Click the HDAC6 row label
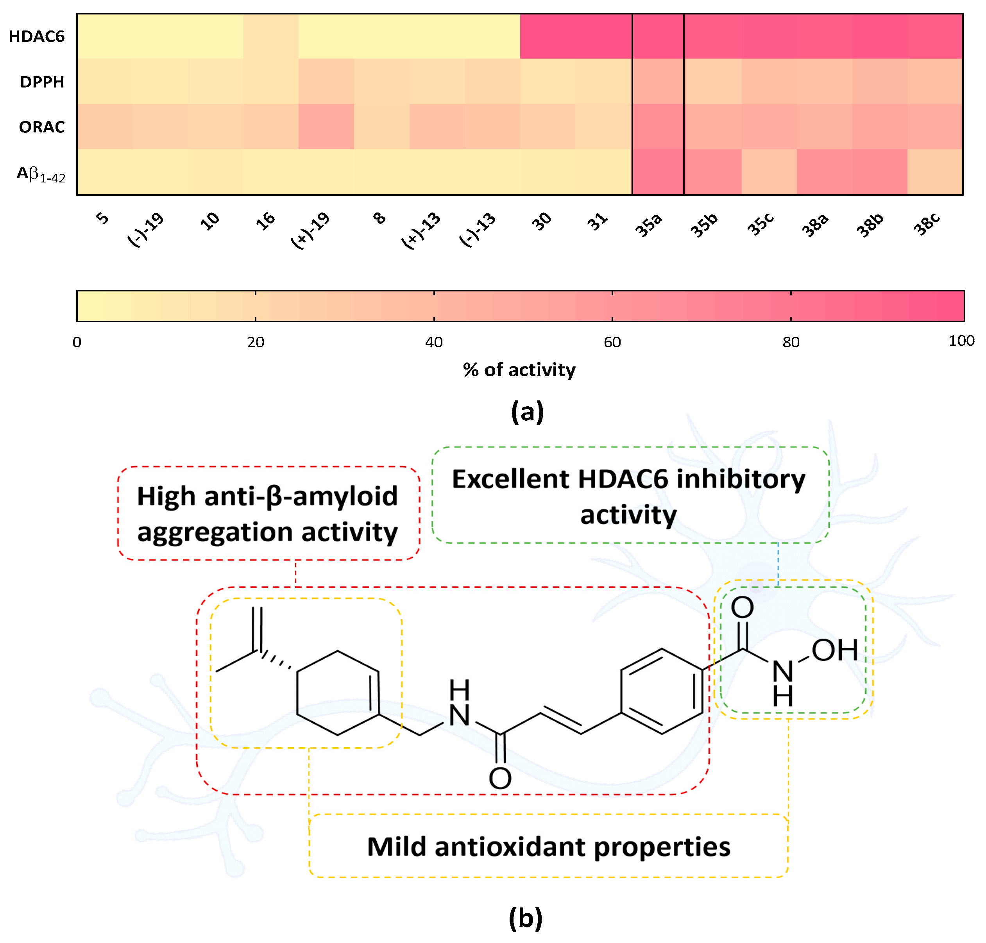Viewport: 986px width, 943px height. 37,37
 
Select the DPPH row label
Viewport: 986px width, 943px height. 42,82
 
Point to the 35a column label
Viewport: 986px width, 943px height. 649,225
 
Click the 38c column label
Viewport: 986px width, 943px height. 926,224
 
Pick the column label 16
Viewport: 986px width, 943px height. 265,221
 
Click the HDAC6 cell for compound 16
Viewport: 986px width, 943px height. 270,36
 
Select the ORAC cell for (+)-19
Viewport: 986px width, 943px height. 326,127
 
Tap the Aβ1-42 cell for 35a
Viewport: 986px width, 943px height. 657,172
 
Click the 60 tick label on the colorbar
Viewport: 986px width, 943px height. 612,342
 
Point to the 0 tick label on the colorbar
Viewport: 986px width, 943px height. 77,342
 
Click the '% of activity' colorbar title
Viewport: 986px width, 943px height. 519,370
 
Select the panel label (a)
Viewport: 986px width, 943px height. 527,412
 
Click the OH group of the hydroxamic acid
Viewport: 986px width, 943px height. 835,650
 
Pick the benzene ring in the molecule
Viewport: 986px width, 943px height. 662,691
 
